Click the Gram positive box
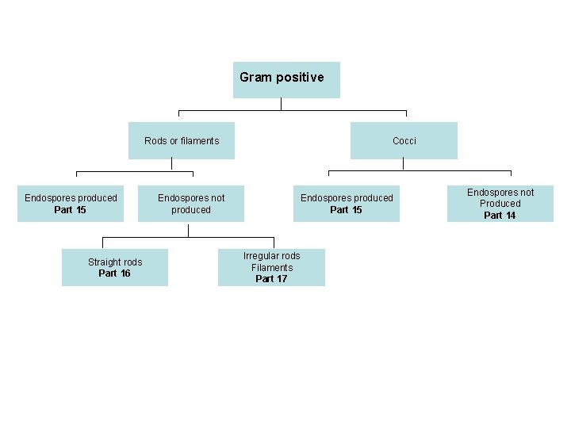286,79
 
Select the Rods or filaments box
182,140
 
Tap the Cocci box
404,140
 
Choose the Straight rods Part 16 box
115,268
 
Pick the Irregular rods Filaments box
271,268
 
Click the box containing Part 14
500,204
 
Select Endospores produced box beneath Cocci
347,204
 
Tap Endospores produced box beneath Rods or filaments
71,204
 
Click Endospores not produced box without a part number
191,204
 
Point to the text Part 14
500,216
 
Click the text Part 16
114,273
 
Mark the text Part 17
271,279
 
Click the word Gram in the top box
255,78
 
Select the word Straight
105,262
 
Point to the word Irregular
262,256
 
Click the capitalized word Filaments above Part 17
272,268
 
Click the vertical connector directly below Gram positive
282,104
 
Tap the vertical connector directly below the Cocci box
404,164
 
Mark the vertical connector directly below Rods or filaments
172,164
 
